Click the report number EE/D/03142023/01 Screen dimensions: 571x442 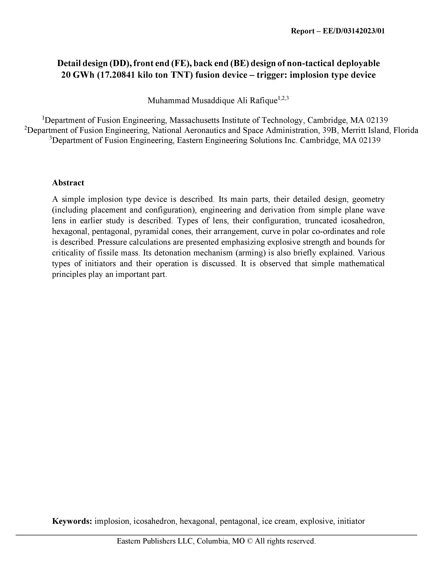(x=354, y=31)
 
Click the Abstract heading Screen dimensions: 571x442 (x=68, y=183)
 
